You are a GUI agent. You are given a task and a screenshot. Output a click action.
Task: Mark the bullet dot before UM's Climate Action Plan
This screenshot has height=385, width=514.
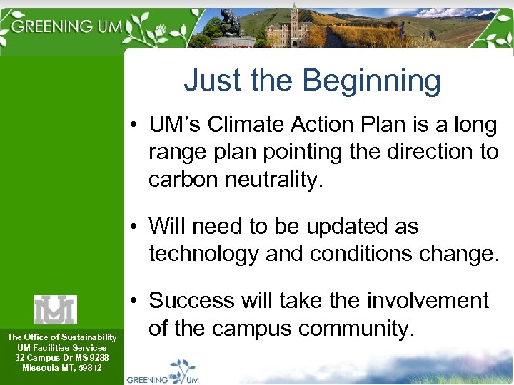135,126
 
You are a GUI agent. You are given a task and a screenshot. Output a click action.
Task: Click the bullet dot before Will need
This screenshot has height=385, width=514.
135,227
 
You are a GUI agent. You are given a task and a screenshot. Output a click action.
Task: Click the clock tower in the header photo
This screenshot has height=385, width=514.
293,21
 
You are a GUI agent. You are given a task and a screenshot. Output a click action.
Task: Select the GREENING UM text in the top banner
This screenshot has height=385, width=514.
66,26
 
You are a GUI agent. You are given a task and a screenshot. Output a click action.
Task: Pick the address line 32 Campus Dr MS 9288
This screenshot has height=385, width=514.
62,357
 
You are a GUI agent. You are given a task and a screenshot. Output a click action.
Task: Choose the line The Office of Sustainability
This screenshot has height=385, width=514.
62,337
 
